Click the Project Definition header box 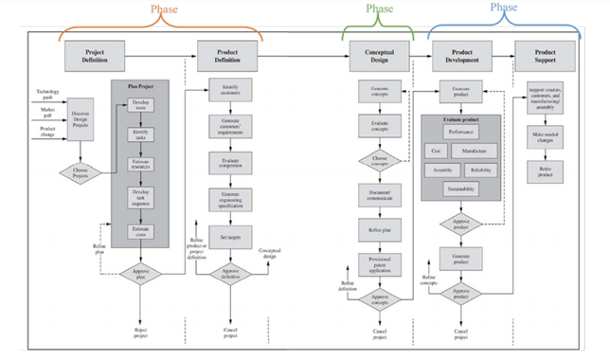click(94, 55)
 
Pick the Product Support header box click(546, 55)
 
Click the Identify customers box click(231, 92)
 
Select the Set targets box click(231, 237)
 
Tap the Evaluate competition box click(231, 164)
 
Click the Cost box click(436, 151)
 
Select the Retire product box click(546, 171)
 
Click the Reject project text click(140, 332)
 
